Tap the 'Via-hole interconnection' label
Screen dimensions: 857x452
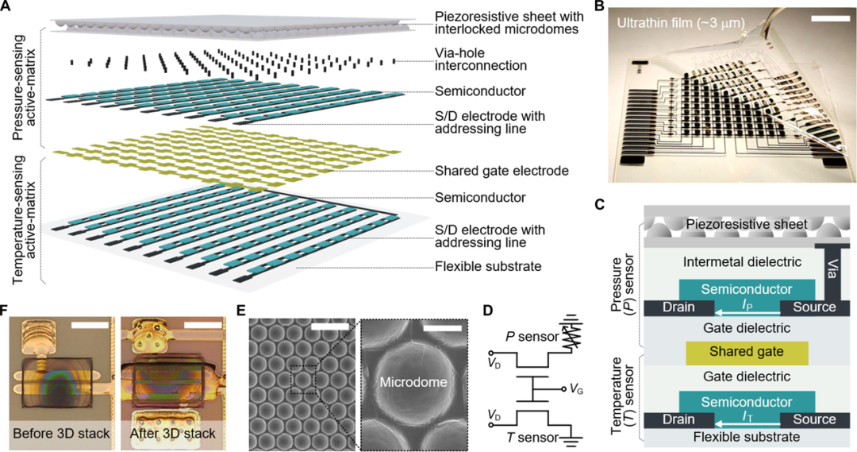point(481,59)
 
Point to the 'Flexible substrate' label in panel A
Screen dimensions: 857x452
point(488,266)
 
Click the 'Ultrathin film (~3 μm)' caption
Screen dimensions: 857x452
point(681,22)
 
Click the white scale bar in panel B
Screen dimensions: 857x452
point(828,19)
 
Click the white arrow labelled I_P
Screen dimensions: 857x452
point(747,312)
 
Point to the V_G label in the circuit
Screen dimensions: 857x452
point(576,388)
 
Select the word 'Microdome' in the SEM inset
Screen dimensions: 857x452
point(413,382)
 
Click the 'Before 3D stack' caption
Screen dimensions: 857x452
point(61,434)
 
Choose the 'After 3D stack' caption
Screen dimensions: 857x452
point(173,434)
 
